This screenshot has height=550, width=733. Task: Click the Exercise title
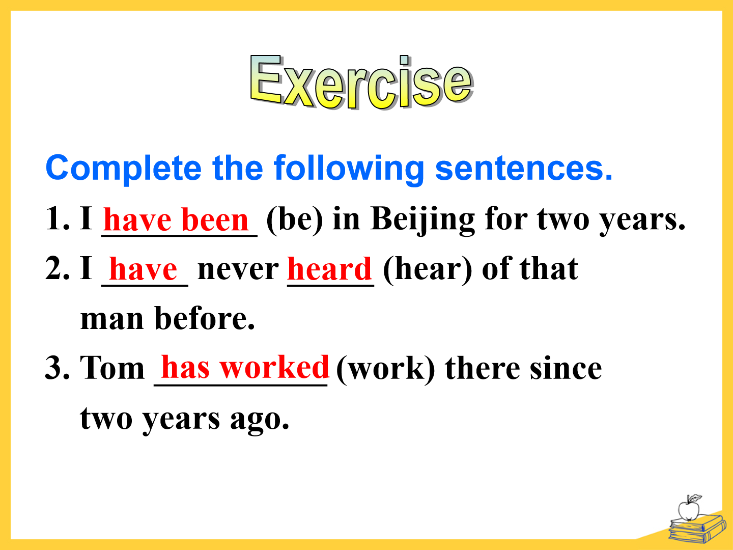[361, 82]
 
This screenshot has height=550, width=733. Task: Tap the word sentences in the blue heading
[524, 168]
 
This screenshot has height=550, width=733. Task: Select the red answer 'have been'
[176, 219]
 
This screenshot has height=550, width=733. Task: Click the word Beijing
[422, 221]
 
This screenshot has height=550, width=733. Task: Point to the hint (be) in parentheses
[295, 220]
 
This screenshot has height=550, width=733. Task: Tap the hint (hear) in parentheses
[428, 270]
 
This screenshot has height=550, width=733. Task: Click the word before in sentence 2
[205, 318]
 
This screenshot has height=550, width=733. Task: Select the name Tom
[112, 368]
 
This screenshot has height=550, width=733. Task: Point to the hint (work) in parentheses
[386, 369]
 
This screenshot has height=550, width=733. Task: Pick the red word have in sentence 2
[143, 269]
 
